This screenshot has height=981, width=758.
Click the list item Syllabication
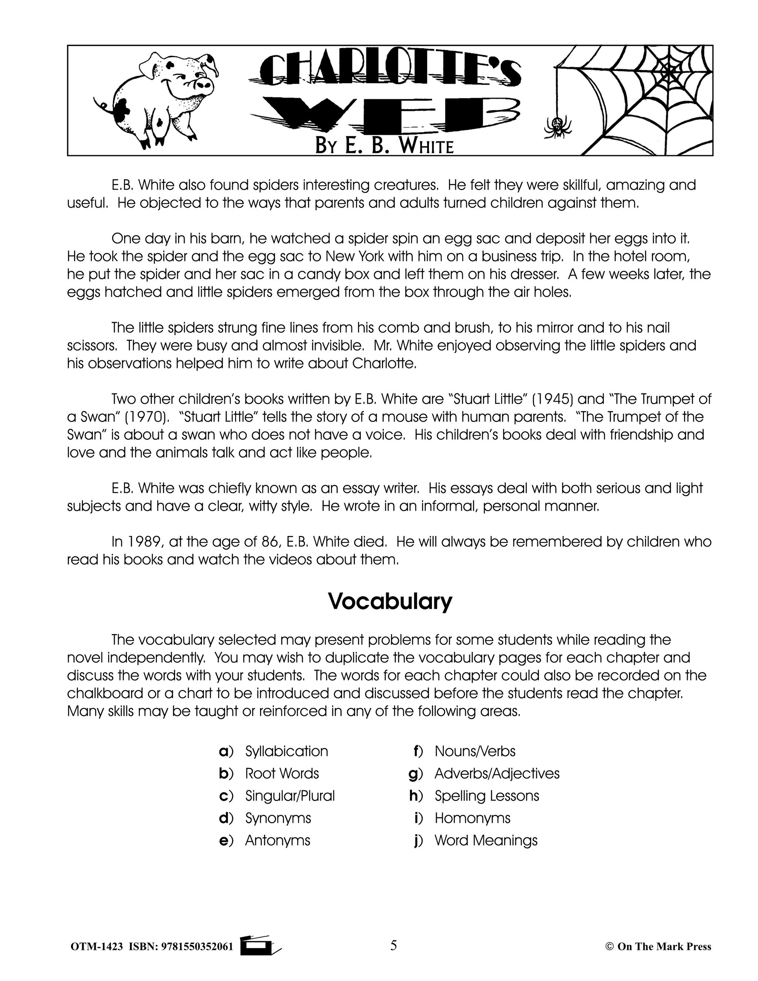coord(286,751)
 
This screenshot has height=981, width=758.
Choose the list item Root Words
coord(282,773)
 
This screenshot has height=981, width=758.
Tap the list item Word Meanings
coord(486,840)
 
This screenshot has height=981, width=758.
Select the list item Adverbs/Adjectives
coord(497,773)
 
